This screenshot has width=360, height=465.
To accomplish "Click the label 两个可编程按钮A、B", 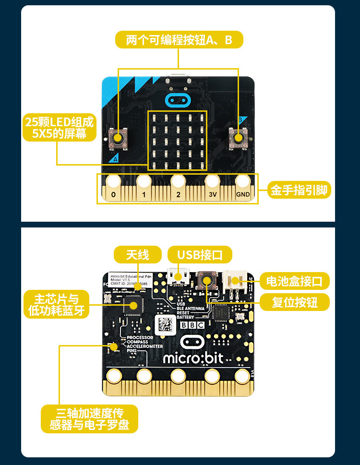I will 179,40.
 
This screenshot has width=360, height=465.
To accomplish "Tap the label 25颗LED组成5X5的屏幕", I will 60,127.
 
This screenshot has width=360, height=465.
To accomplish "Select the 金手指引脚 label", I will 299,191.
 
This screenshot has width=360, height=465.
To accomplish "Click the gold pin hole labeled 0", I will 113,181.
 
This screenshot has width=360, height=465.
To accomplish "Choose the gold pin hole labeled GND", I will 243,181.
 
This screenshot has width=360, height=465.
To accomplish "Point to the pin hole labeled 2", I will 178,181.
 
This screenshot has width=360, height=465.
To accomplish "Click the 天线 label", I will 137,254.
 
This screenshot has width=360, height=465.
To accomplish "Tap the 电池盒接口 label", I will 295,281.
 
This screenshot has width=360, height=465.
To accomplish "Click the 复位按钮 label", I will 295,302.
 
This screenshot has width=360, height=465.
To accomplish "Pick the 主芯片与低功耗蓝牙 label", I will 56,304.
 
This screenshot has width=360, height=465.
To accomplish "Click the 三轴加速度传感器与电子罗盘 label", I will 89,419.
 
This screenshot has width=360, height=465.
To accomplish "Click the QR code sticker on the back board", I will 166,325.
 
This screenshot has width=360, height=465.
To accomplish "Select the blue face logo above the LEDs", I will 178,100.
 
